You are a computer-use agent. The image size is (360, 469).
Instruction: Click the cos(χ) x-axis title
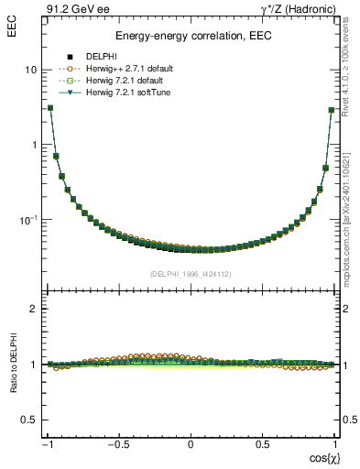coord(322,457)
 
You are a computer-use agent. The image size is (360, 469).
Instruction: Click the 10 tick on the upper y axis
coord(30,70)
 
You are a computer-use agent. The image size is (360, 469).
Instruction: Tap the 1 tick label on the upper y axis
coord(34,145)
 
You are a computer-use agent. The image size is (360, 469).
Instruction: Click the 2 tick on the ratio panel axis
coord(34,310)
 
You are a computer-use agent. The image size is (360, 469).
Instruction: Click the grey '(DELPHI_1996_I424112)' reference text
coord(191,273)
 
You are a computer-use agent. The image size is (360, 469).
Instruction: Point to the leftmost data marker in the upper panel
coord(50,107)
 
